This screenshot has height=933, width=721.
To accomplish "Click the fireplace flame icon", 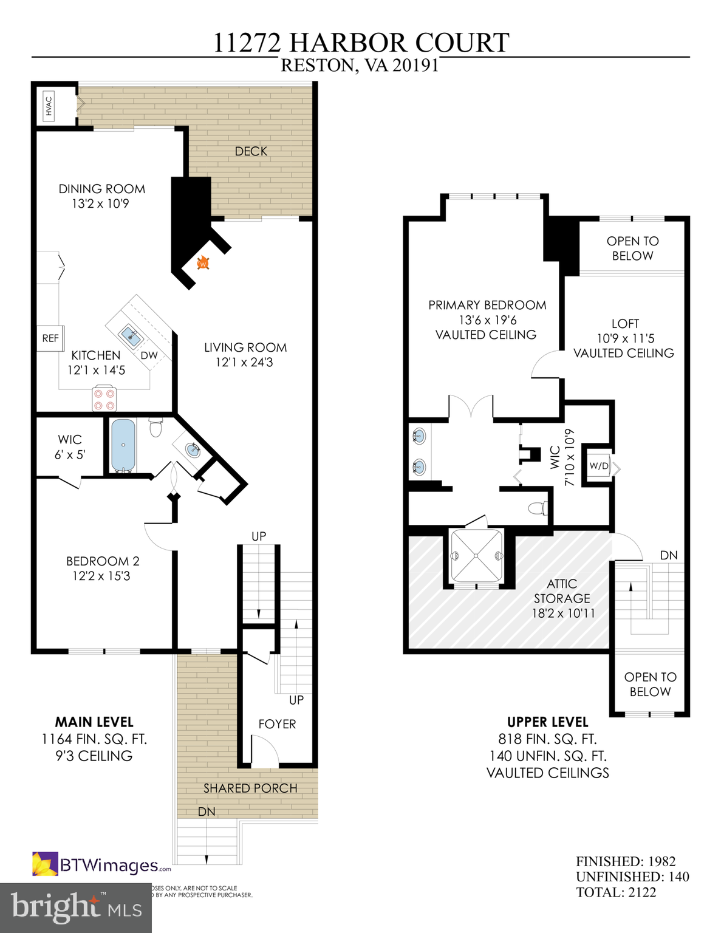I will pyautogui.click(x=203, y=263).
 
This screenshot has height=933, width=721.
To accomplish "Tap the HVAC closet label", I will pyautogui.click(x=49, y=106).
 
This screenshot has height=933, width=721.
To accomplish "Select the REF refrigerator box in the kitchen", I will pyautogui.click(x=50, y=338).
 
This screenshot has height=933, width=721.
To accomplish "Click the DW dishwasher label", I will pyautogui.click(x=149, y=355).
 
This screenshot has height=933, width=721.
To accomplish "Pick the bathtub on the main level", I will pyautogui.click(x=123, y=445).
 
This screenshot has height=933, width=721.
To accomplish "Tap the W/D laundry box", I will pyautogui.click(x=599, y=466).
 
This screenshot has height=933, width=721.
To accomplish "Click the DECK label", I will pyautogui.click(x=251, y=151).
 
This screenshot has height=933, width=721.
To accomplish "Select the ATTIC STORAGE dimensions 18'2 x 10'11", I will pyautogui.click(x=563, y=613).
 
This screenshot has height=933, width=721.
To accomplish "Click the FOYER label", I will pyautogui.click(x=277, y=724).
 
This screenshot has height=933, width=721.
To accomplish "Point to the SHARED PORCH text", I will pyautogui.click(x=250, y=788).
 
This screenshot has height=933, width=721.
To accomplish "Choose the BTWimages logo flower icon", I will pyautogui.click(x=45, y=864).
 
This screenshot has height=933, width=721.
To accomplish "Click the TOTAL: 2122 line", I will pyautogui.click(x=616, y=892).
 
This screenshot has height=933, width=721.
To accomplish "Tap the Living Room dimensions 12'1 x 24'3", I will pyautogui.click(x=244, y=363).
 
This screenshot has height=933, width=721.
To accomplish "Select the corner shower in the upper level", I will pyautogui.click(x=476, y=556).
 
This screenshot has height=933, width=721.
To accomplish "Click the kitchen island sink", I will pyautogui.click(x=130, y=334).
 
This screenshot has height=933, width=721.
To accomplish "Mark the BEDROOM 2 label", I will pyautogui.click(x=103, y=561).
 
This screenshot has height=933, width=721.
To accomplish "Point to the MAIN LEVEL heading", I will pyautogui.click(x=94, y=722).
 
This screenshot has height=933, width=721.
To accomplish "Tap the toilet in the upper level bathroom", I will pyautogui.click(x=538, y=508).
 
